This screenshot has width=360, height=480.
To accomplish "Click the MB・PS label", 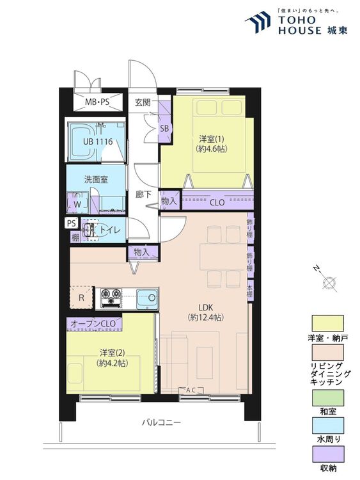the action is (x=97, y=102).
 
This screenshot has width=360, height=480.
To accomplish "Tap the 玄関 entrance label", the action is (x=143, y=102).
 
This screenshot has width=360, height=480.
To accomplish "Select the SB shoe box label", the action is (x=164, y=129).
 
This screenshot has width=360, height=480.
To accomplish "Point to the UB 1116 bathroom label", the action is (x=98, y=141).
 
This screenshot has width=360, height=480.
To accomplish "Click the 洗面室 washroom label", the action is (x=96, y=179).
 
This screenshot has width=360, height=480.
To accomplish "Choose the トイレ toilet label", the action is (x=111, y=230).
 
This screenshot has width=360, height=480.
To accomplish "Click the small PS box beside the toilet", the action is (x=71, y=223).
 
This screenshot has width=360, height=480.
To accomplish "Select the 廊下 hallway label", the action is (x=143, y=195).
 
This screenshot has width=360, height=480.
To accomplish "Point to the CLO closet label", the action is (x=217, y=202).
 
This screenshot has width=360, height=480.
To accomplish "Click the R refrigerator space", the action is (x=81, y=298).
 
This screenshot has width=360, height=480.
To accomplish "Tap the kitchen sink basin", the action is (x=147, y=298).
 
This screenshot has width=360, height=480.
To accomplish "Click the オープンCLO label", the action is (x=93, y=324).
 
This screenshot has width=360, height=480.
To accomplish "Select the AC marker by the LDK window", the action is (x=191, y=390).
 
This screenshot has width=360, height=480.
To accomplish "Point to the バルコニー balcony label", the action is (x=162, y=423).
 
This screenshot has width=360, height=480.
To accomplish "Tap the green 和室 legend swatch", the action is (x=327, y=398).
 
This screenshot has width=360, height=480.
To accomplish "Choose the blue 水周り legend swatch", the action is (x=327, y=426).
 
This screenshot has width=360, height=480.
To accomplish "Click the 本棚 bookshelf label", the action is (x=250, y=291).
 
